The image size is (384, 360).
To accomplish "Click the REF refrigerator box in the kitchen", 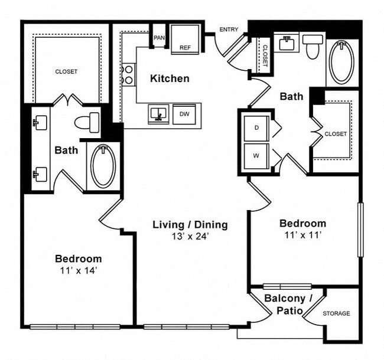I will pos(185,40).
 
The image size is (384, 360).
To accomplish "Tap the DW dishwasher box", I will pos(184,114).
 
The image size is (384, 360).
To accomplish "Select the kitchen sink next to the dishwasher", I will pos(158,113).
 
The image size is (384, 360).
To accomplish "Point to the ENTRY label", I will pos(228,30).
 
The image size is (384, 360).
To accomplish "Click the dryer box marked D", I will pos(257,128).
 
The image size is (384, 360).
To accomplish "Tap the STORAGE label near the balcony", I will pos(336,313).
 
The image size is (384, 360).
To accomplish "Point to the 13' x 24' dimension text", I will pos(190,237).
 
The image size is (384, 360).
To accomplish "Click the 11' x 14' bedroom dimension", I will pos(78,270).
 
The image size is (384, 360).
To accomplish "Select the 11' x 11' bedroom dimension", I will pos(302,235).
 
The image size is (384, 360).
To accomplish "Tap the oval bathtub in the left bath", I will pos(103,166).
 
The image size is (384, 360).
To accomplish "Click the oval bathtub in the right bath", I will pos(341,62).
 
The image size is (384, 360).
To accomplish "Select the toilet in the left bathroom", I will pos(87,123).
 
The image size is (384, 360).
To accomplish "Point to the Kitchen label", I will pos(170,78).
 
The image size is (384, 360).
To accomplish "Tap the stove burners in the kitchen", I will pos(127,74).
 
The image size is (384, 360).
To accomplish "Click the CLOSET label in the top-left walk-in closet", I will pos(66,71).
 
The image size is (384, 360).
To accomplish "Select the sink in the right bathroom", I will pos(288,43).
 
